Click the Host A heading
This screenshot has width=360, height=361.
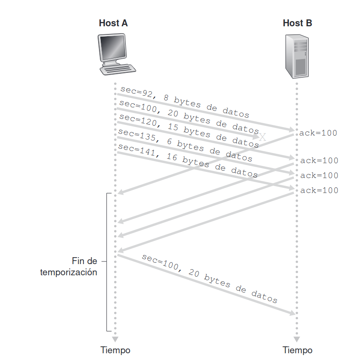click(x=113, y=23)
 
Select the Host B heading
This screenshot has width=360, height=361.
click(x=297, y=23)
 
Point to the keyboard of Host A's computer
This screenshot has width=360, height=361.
click(x=117, y=69)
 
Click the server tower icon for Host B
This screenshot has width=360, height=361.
click(x=297, y=56)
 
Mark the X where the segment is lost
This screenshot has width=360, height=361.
click(x=263, y=137)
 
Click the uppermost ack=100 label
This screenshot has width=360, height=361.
click(x=318, y=133)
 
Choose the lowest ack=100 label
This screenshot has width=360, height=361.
click(x=319, y=190)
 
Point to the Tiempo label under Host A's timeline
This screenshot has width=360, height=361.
click(x=115, y=350)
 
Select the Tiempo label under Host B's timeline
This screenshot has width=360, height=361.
click(x=298, y=350)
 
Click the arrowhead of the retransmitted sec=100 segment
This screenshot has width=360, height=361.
click(x=293, y=314)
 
